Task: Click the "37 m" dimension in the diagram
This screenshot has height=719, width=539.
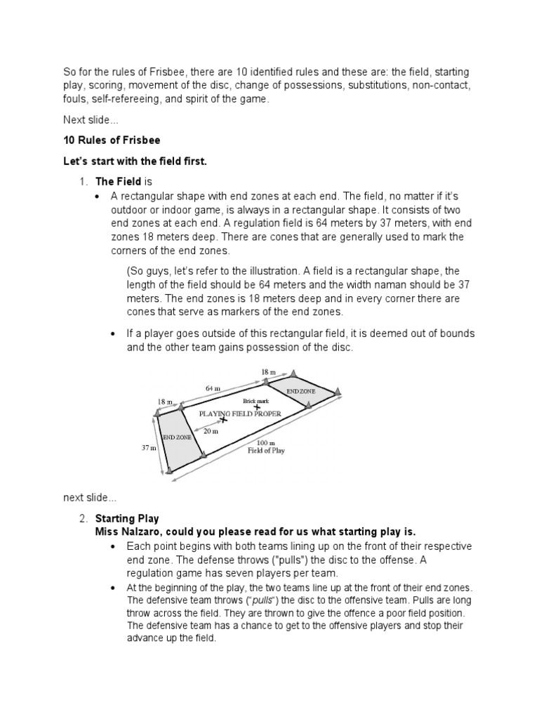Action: tap(148, 447)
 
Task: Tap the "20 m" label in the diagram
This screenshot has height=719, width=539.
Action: tap(211, 431)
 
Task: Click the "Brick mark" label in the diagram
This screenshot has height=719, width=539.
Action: tap(255, 400)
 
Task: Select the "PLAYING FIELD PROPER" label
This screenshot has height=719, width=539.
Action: tap(241, 414)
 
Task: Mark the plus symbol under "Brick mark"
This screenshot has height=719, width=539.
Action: tap(257, 407)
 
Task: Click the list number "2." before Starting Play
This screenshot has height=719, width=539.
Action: tap(83, 518)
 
